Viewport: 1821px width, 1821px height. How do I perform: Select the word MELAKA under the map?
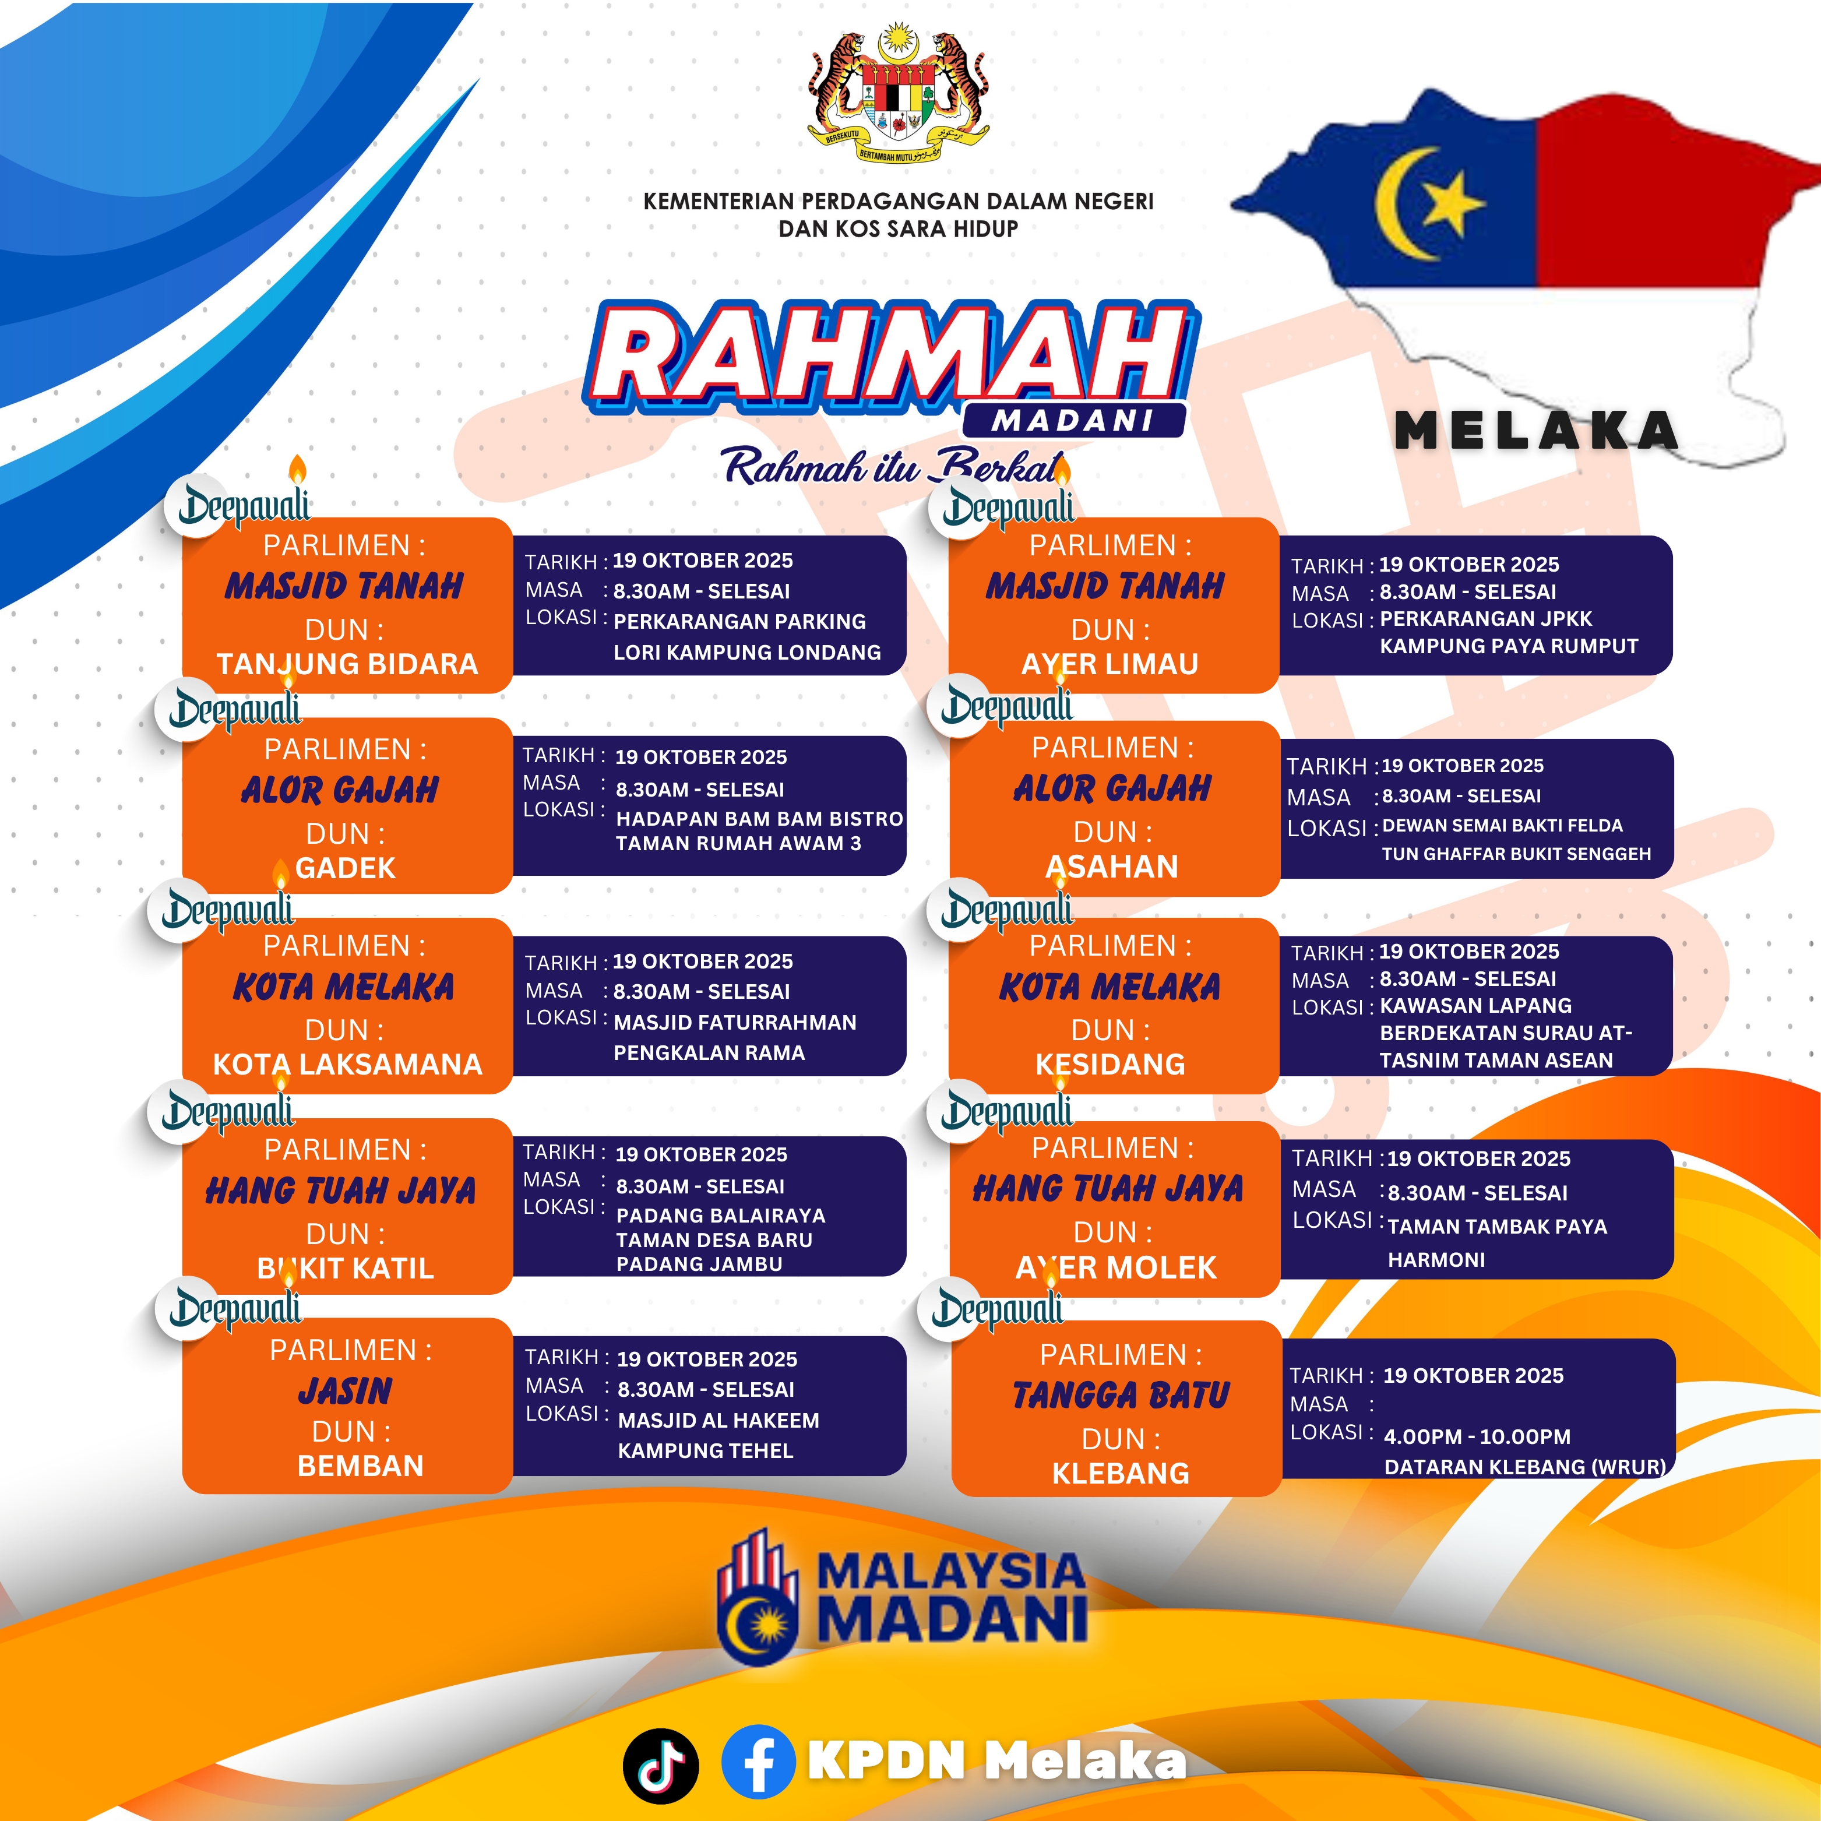[1537, 431]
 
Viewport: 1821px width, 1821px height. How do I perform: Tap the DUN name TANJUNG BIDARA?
[347, 664]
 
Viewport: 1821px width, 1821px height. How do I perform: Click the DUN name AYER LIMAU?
[1110, 664]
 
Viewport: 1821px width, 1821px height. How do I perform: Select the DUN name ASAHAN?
[1112, 866]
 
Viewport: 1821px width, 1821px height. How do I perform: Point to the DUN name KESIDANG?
[1110, 1064]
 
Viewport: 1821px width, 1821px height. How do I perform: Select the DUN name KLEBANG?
[1121, 1473]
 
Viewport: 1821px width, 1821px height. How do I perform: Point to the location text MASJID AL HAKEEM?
[718, 1421]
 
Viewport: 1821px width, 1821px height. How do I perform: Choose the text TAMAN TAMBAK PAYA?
[1498, 1226]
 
